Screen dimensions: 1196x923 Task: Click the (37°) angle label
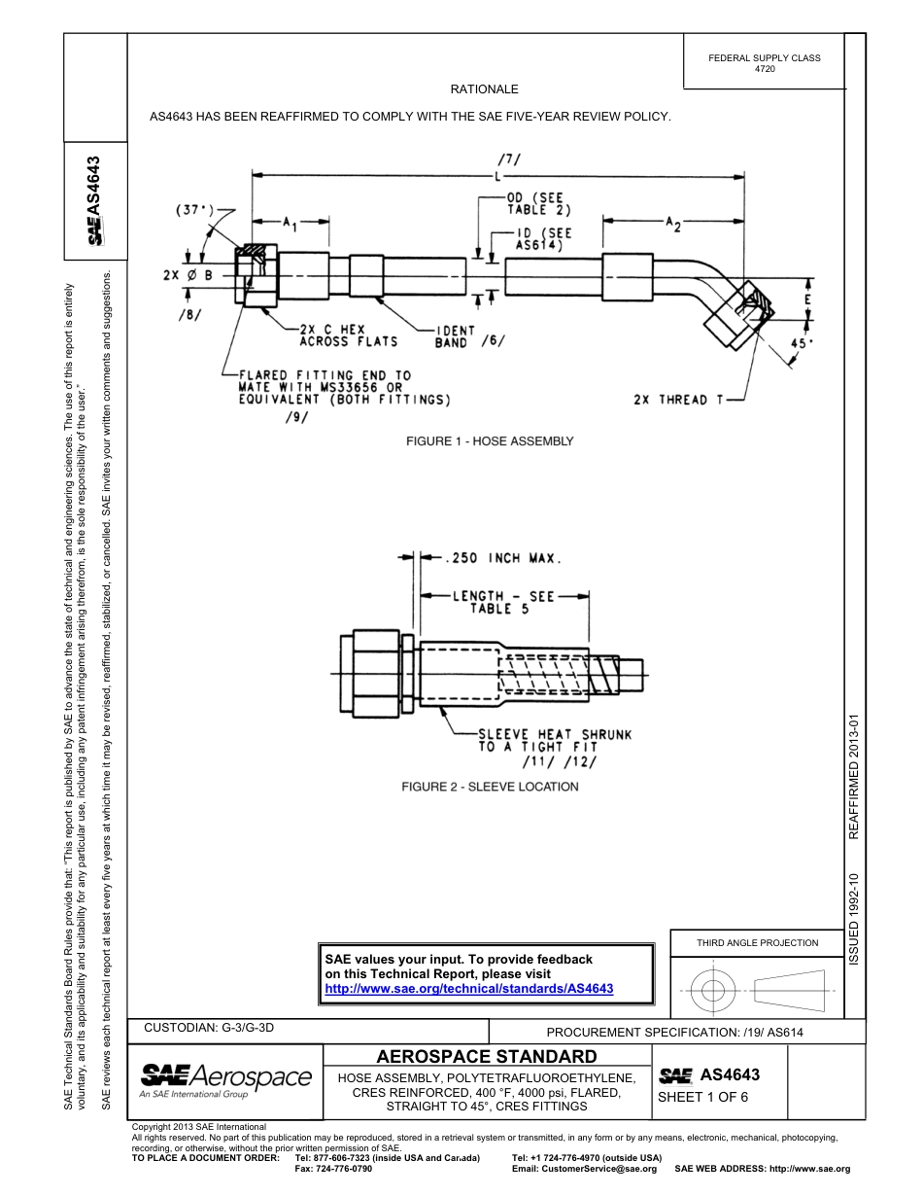196,209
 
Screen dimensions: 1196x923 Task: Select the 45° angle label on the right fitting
803,343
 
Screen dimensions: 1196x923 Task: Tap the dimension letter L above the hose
497,178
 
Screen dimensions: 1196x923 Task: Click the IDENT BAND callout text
453,335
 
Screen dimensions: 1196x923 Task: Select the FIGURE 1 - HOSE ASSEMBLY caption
490,441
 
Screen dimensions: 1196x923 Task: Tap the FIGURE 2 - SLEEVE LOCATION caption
490,787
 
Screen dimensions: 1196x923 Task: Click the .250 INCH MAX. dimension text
502,558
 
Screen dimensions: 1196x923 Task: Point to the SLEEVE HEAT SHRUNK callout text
554,741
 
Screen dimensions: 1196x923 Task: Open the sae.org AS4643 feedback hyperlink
468,988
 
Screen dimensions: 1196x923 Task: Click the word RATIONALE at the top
484,89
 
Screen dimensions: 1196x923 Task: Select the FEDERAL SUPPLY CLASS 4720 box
764,63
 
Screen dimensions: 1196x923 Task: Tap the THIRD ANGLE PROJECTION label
757,942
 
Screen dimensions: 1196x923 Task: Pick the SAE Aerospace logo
225,1077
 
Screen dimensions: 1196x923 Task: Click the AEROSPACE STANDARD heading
486,1057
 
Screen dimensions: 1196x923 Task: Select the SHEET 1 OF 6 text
702,1098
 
